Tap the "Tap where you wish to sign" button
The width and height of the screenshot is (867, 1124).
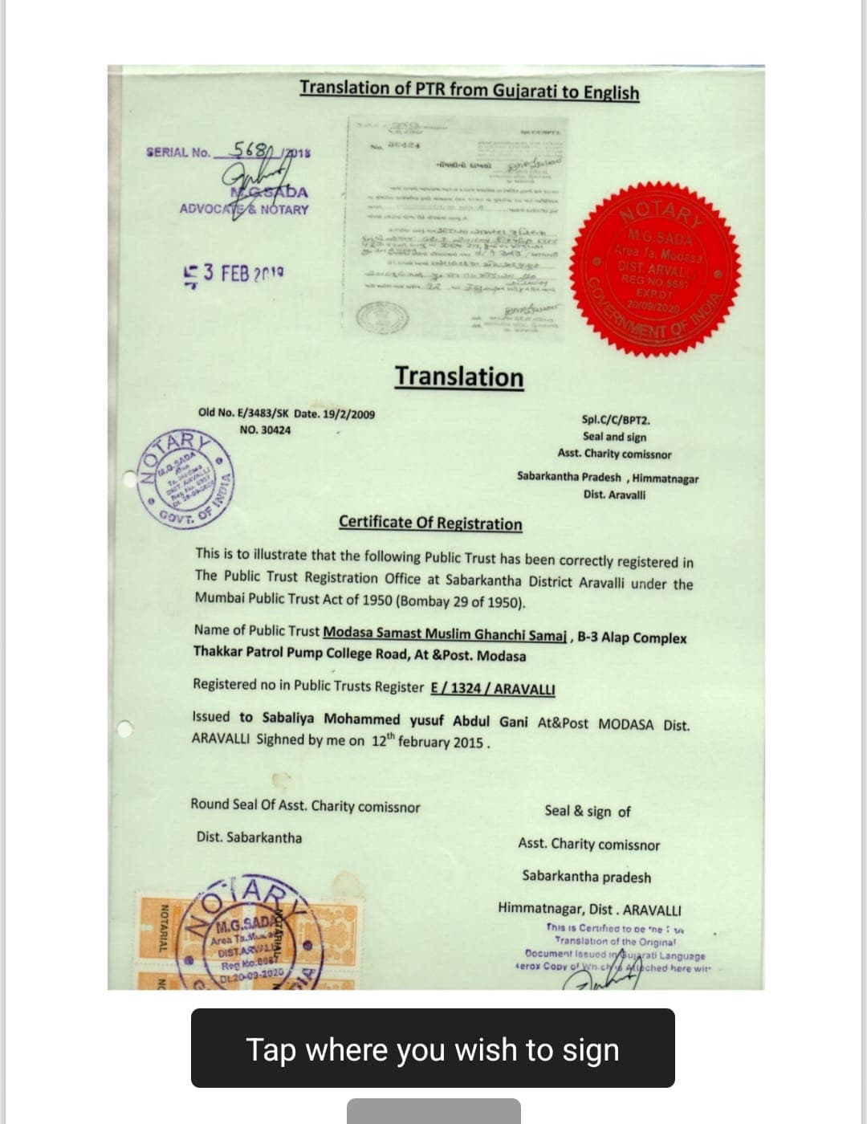click(433, 1049)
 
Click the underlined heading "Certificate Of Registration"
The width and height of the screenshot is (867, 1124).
click(430, 523)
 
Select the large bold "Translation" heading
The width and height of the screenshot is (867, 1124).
click(458, 377)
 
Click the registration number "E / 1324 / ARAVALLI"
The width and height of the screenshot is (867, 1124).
click(493, 688)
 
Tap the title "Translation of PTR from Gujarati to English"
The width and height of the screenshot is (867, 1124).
click(469, 90)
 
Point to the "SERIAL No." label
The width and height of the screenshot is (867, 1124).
click(178, 152)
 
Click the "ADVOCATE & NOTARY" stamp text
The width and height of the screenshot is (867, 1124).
click(244, 210)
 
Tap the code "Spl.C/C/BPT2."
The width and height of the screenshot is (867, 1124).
click(616, 419)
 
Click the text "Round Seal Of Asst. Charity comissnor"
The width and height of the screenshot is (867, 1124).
click(305, 806)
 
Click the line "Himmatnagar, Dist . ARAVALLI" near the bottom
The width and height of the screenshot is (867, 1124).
click(589, 910)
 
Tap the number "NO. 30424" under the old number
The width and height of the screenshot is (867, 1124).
click(266, 430)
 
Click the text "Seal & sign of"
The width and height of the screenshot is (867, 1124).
click(588, 812)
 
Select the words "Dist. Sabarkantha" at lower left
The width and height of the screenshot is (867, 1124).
click(250, 837)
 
